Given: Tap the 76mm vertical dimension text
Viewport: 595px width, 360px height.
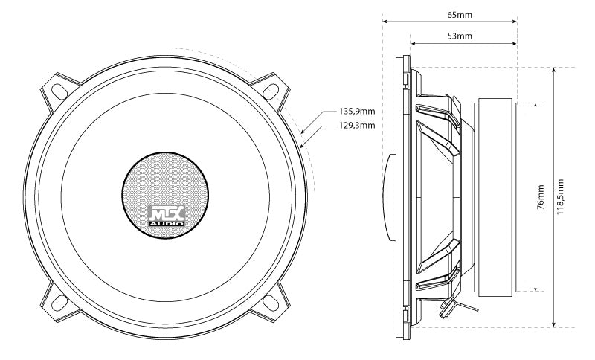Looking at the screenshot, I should (540, 196).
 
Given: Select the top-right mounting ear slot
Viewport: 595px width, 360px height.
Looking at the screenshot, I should (273, 89).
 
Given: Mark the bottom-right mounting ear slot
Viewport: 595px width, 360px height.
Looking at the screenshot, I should (273, 303).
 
